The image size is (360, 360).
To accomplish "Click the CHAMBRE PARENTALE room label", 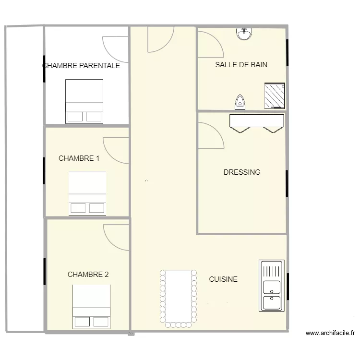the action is tap(81, 66).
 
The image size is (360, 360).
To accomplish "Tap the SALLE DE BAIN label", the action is tap(241, 65).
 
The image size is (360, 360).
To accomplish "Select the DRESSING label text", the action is tap(242, 172).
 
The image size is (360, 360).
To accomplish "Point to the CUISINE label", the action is tap(223, 279).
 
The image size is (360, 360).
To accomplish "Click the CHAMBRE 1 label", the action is tap(79, 158).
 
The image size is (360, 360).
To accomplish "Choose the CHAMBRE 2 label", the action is tap(88, 275).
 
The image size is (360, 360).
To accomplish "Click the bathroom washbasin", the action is tap(244, 34).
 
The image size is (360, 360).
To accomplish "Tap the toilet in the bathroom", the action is tap(240, 102).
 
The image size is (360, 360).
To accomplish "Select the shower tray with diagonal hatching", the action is tap(275, 96).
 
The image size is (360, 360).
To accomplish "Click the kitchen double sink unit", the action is tap(272, 286).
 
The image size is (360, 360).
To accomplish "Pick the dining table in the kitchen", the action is tap(179, 299).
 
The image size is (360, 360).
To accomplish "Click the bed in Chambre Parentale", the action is tap(84, 101).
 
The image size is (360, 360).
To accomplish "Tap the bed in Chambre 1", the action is tap(87, 193).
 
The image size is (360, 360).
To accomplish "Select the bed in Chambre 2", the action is tap(91, 307).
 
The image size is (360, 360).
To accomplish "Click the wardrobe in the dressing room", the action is tap(257, 123).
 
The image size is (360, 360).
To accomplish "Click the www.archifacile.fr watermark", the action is tap(330, 333).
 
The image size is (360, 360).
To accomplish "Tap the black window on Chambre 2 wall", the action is tap(45, 271).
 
